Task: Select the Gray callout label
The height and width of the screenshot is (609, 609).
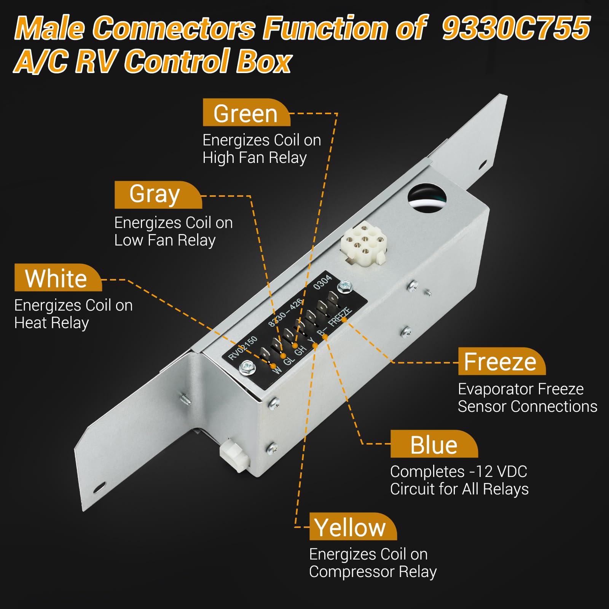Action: coord(158,195)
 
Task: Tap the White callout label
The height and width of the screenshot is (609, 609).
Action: coord(58,277)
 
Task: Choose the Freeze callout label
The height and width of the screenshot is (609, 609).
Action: coord(502,361)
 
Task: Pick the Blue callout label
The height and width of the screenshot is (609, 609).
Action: coord(434,444)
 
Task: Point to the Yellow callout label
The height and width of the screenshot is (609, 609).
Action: coord(353,526)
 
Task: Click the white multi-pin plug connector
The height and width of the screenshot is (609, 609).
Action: coord(363,243)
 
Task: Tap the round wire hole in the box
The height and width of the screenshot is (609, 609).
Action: coord(427,196)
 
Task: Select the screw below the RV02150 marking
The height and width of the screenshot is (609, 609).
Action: coord(247,367)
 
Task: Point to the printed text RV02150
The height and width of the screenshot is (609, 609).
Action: coord(242,348)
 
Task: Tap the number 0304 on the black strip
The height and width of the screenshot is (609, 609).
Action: coord(322,282)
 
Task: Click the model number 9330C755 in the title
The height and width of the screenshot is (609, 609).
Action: coord(516,28)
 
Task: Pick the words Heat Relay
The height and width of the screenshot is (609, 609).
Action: coord(51,323)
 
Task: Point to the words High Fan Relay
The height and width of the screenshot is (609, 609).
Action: coord(255,158)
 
